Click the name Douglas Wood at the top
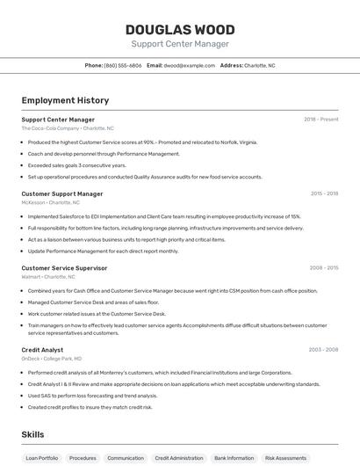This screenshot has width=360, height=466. pyautogui.click(x=180, y=30)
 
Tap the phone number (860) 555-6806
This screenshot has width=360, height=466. pyautogui.click(x=123, y=65)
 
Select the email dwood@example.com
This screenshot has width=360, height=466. pyautogui.click(x=189, y=65)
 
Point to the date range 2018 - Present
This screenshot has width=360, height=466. pyautogui.click(x=320, y=120)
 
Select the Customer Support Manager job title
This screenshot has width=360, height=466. pyautogui.click(x=62, y=193)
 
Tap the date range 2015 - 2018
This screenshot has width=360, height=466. pyautogui.click(x=324, y=193)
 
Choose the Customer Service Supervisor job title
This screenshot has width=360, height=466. pyautogui.click(x=64, y=268)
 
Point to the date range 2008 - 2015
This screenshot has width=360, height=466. pyautogui.click(x=324, y=268)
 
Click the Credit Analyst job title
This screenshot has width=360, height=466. pyautogui.click(x=42, y=350)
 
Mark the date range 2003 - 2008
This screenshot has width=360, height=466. pyautogui.click(x=323, y=350)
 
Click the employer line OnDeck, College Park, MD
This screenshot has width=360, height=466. pyautogui.click(x=51, y=359)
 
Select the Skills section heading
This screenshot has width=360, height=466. pyautogui.click(x=32, y=434)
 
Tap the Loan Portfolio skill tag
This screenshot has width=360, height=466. pyautogui.click(x=42, y=458)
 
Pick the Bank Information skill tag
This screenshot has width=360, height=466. pyautogui.click(x=234, y=458)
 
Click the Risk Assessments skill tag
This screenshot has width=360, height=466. pyautogui.click(x=286, y=458)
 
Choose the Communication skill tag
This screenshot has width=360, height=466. pyautogui.click(x=126, y=458)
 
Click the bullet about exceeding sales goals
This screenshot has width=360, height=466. pyautogui.click(x=77, y=165)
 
